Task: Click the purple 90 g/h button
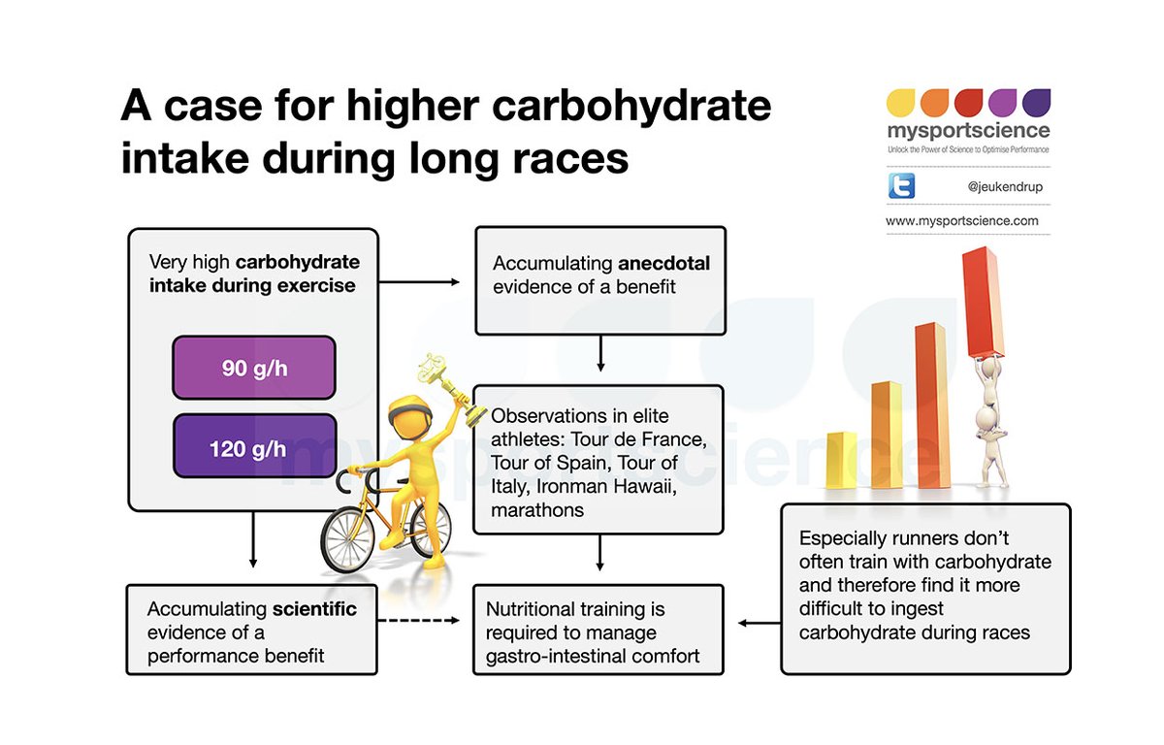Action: coord(253,368)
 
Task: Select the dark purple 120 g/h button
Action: coord(253,448)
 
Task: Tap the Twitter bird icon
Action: coord(901,186)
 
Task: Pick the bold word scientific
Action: coord(313,609)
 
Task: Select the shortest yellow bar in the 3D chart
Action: coord(841,460)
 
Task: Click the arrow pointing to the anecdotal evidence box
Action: coord(418,282)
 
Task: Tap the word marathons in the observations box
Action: coord(537,509)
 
